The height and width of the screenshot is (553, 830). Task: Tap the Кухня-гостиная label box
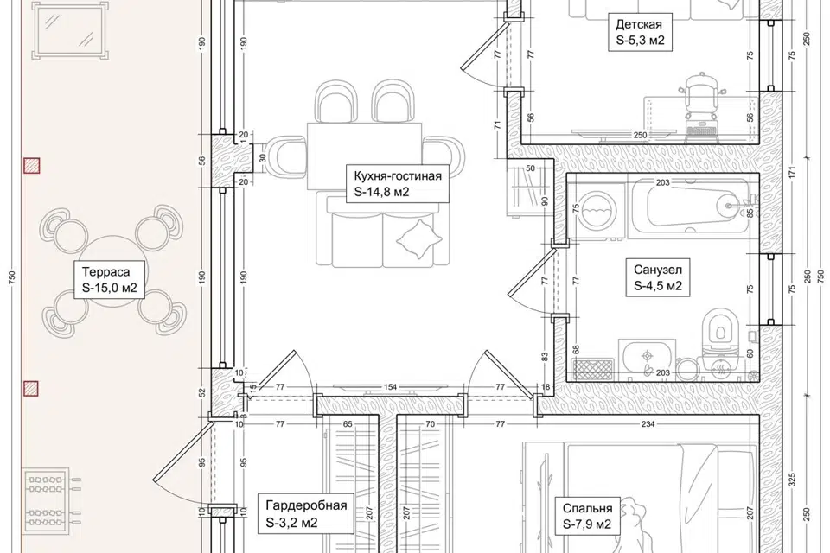[x=398, y=184]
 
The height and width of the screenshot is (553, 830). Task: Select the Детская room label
[x=640, y=32]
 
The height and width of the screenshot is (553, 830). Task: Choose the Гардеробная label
[x=306, y=514]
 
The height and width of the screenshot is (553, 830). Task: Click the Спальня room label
[x=587, y=516]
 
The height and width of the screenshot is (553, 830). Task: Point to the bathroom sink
[x=647, y=357]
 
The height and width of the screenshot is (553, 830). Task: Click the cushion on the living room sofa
[x=418, y=239]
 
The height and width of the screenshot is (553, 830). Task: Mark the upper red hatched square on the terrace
[x=32, y=166]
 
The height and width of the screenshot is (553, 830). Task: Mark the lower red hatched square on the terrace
[x=32, y=389]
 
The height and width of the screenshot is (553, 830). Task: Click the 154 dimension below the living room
[x=390, y=387]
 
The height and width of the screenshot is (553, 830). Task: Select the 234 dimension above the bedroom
[x=648, y=423]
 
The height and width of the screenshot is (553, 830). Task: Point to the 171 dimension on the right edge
[x=793, y=172]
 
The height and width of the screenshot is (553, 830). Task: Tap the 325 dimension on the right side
[x=793, y=480]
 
